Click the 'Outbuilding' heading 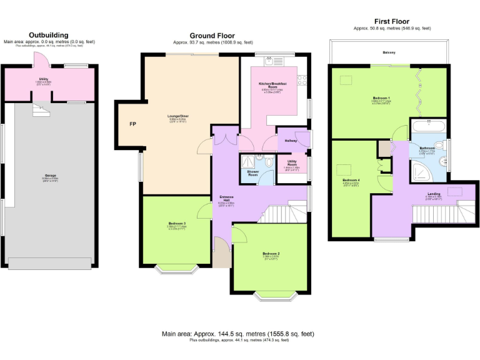[49, 35]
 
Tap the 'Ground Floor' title [212, 36]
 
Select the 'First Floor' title [392, 21]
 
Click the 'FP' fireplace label [132, 124]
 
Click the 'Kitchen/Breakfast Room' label [272, 85]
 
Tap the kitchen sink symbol [271, 61]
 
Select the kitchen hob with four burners [302, 79]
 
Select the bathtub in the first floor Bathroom [427, 127]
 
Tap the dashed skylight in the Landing [452, 191]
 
